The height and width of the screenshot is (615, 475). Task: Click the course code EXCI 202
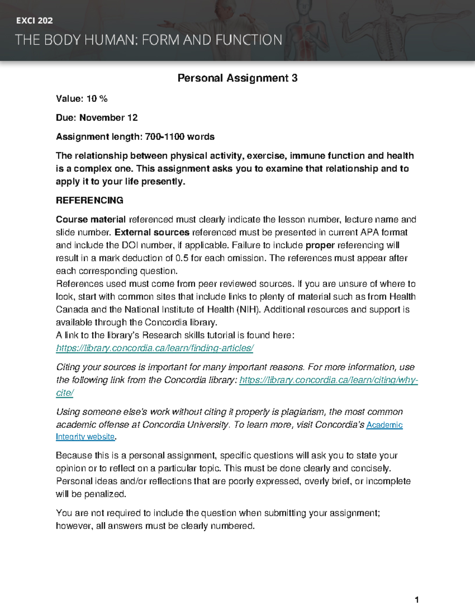click(34, 21)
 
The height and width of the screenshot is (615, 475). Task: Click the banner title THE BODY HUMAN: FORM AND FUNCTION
click(148, 40)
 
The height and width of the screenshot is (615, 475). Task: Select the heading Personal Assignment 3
click(237, 78)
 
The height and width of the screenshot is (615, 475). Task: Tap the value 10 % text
click(97, 99)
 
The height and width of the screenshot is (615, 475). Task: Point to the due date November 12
click(108, 118)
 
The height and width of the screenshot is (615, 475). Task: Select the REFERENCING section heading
click(89, 200)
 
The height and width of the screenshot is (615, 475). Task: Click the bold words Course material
click(91, 219)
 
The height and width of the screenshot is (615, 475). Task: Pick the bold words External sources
click(152, 232)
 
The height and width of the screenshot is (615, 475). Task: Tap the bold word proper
click(320, 245)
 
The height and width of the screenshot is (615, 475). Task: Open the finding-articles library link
click(154, 348)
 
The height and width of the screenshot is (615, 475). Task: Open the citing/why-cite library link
click(329, 380)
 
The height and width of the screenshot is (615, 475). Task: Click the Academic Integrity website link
click(384, 425)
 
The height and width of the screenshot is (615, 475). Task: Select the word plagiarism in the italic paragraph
click(303, 412)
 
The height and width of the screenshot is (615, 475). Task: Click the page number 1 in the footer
click(416, 600)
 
